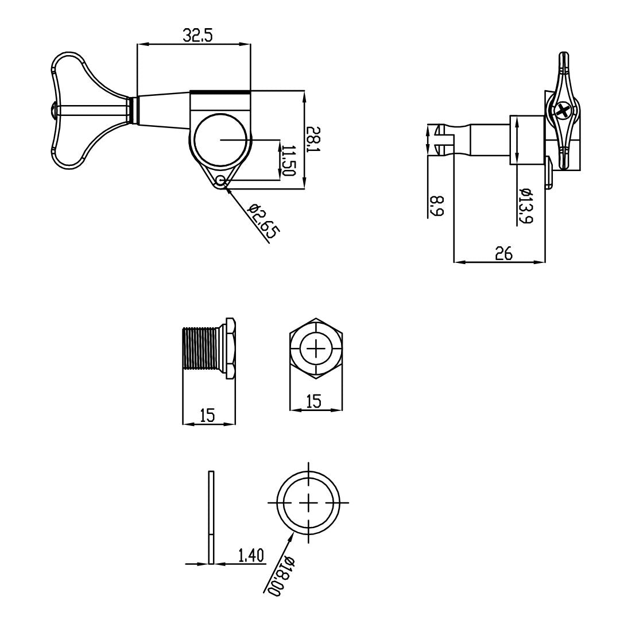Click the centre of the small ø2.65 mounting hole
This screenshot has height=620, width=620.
(x=220, y=181)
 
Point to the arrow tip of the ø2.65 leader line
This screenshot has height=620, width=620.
(x=224, y=184)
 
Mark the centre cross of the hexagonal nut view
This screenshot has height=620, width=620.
(x=316, y=348)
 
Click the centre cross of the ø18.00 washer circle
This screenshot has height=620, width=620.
(x=308, y=502)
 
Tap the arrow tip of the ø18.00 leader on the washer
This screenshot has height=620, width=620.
(x=294, y=532)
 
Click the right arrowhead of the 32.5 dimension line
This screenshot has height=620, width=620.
(x=250, y=44)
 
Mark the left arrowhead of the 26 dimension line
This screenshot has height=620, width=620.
(x=455, y=262)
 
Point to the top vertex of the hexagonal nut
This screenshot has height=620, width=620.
(x=316, y=317)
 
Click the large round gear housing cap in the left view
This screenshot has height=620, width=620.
(x=220, y=141)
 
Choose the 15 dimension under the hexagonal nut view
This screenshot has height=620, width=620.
(x=314, y=401)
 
